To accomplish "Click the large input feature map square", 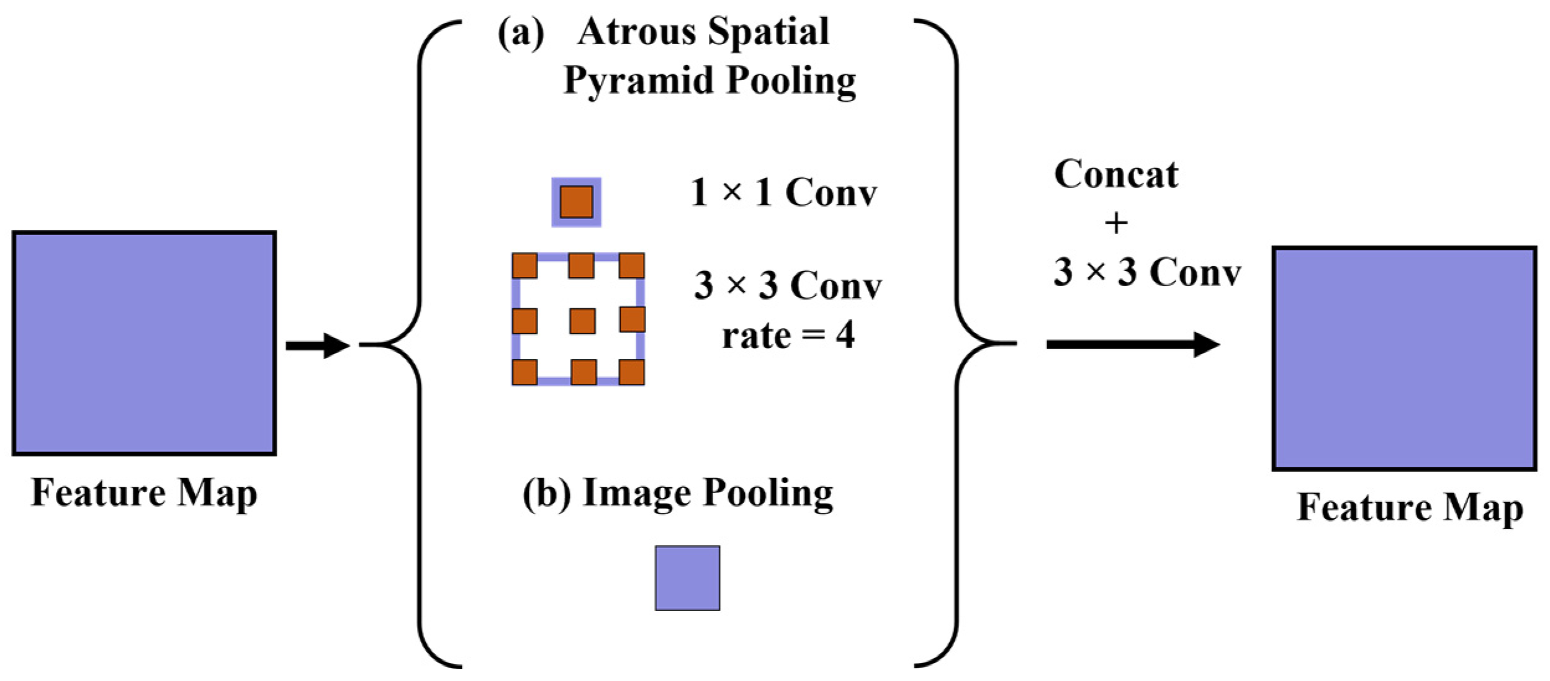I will (144, 343).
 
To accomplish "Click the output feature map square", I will (1404, 358).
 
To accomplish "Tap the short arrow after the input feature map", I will (318, 345).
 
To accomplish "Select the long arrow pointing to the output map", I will (1132, 344).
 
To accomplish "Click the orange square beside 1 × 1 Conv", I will (576, 202).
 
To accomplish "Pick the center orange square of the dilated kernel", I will (582, 321).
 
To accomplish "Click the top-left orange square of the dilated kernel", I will (525, 265).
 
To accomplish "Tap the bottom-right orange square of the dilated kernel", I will (631, 372).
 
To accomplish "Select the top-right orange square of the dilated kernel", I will (631, 265).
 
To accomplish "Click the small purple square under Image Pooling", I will (687, 578).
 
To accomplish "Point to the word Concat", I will (1115, 174).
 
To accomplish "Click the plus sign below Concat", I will (1116, 223).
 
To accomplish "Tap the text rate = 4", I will (788, 336).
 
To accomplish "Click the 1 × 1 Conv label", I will (783, 192).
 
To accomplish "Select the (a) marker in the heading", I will (521, 33).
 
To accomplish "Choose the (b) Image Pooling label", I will (677, 494).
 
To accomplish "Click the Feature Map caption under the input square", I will (144, 493).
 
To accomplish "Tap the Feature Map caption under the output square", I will (1410, 508).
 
